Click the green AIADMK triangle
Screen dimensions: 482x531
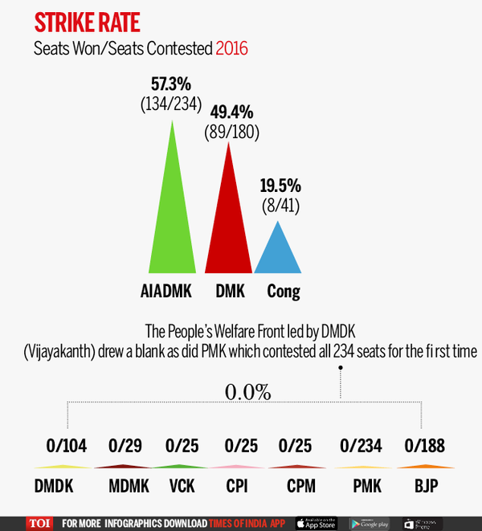click(172, 217)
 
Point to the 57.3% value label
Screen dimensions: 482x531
click(171, 84)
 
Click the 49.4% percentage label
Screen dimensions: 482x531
click(231, 112)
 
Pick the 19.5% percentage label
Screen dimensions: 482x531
click(280, 186)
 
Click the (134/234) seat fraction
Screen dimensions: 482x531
click(171, 104)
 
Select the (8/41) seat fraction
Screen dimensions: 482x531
click(281, 206)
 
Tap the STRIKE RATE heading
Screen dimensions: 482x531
click(87, 22)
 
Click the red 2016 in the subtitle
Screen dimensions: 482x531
click(231, 48)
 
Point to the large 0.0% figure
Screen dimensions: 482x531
click(247, 392)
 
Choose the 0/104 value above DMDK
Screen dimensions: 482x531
click(67, 446)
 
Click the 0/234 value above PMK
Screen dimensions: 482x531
click(361, 446)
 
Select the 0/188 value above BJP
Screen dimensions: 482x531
click(424, 446)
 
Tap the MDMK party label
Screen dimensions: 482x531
click(129, 486)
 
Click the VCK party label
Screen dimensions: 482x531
click(182, 486)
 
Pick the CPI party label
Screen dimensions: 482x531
click(237, 486)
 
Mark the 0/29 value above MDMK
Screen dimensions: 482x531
click(125, 446)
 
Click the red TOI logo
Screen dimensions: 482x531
click(39, 524)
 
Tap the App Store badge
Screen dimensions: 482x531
click(317, 524)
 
